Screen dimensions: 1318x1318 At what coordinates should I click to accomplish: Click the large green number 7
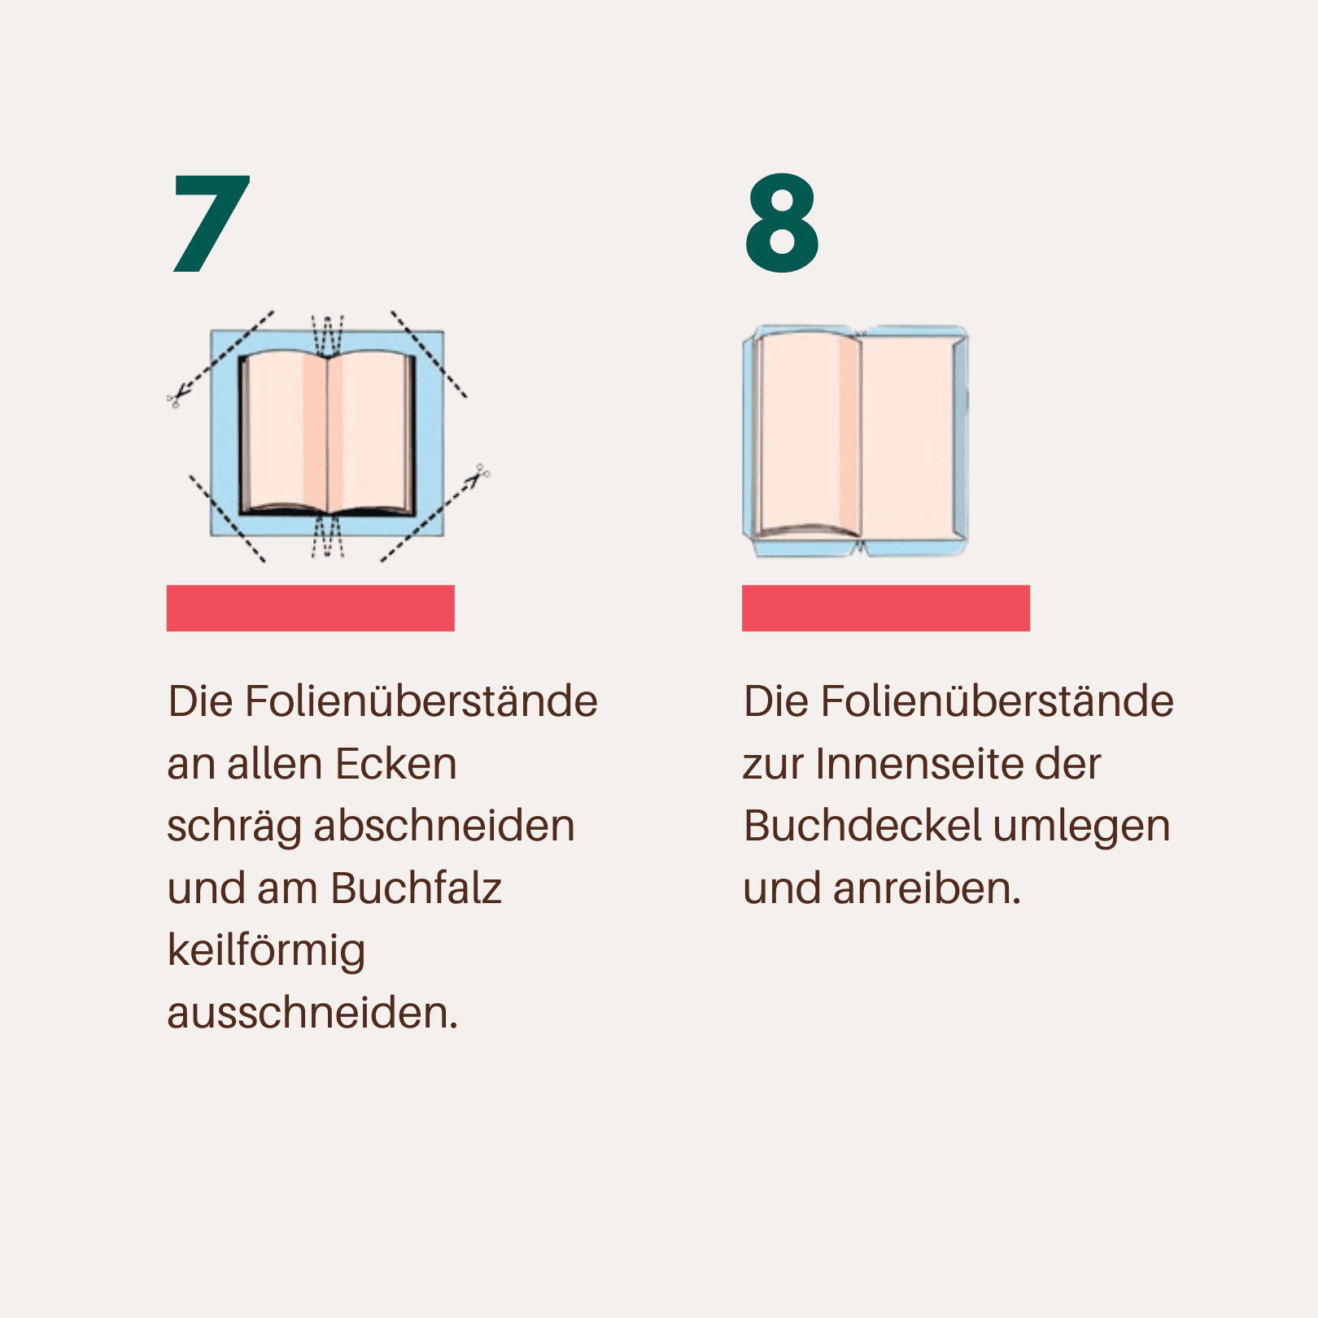pyautogui.click(x=212, y=223)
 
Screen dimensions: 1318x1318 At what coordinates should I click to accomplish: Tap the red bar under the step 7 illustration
pyautogui.click(x=311, y=608)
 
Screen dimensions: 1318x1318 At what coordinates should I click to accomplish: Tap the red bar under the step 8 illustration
pyautogui.click(x=886, y=608)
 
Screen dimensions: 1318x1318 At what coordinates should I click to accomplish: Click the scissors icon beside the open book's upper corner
pyautogui.click(x=177, y=396)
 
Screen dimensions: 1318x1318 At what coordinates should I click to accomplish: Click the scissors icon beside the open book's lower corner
pyautogui.click(x=480, y=474)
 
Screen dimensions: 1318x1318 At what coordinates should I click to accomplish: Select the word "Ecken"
pyautogui.click(x=396, y=764)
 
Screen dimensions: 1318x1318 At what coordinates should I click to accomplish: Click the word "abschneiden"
pyautogui.click(x=444, y=826)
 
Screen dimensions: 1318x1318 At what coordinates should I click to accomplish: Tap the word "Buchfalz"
pyautogui.click(x=416, y=888)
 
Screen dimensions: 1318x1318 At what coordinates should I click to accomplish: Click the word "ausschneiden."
pyautogui.click(x=312, y=1013)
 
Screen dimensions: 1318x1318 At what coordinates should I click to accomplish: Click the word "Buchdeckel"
pyautogui.click(x=862, y=826)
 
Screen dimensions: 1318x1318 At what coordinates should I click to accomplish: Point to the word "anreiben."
pyautogui.click(x=927, y=888)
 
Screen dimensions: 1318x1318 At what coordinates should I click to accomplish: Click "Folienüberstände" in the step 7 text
pyautogui.click(x=421, y=701)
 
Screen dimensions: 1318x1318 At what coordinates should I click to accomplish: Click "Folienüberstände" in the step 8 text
pyautogui.click(x=997, y=701)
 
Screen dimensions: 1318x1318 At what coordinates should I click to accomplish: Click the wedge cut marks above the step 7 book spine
pyautogui.click(x=328, y=335)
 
